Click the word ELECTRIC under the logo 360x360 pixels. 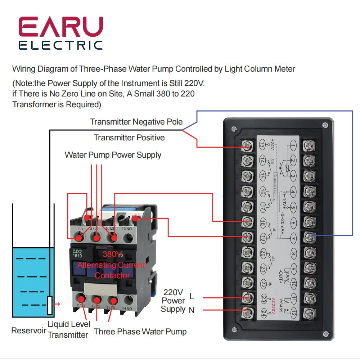pyautogui.click(x=61, y=45)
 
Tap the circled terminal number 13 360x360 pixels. pyautogui.click(x=262, y=146)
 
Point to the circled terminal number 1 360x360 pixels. pyautogui.click(x=293, y=146)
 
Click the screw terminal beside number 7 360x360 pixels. pyautogui.click(x=309, y=237)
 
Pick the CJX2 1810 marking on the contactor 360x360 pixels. pyautogui.click(x=78, y=253)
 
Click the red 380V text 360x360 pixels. pyautogui.click(x=112, y=254)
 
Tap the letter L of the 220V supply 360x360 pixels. pyautogui.click(x=192, y=297)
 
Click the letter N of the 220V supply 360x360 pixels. pyautogui.click(x=192, y=310)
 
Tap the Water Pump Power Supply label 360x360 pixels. pyautogui.click(x=113, y=155)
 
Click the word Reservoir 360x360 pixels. pyautogui.click(x=29, y=330)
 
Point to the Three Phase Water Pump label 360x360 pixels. pyautogui.click(x=140, y=331)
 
